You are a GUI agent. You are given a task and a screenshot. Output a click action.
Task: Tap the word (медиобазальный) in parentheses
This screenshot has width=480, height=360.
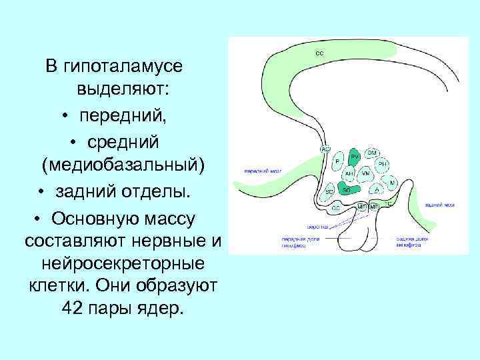(123, 163)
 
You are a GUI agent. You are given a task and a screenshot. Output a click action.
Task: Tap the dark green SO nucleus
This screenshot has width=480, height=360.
(347, 189)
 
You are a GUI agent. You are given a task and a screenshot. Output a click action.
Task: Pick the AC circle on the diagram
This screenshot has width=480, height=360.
(325, 149)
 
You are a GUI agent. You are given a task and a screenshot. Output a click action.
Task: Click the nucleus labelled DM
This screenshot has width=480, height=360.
(372, 153)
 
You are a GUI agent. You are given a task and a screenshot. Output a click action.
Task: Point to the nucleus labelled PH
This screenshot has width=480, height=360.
(382, 163)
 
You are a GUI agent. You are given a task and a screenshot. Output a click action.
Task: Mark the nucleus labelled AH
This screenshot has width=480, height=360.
(349, 173)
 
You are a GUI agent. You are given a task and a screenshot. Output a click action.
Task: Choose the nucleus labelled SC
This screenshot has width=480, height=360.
(329, 191)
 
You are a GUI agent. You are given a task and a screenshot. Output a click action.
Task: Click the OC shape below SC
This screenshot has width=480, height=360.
(335, 207)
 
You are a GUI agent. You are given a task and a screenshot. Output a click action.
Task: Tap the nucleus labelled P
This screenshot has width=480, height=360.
(338, 161)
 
